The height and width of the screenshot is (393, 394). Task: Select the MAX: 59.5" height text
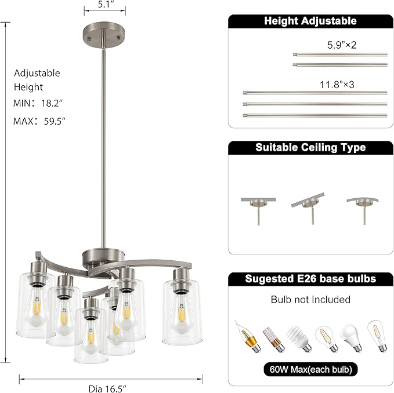click(x=39, y=121)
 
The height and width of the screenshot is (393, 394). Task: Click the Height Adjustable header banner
click(x=310, y=21)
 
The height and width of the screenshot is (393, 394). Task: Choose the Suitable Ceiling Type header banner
click(x=310, y=147)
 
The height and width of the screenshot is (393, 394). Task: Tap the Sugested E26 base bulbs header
click(x=310, y=279)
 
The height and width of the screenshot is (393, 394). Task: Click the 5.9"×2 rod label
click(x=341, y=44)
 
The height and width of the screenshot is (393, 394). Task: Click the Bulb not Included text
click(x=310, y=300)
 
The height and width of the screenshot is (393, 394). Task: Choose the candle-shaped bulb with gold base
click(x=246, y=336)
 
